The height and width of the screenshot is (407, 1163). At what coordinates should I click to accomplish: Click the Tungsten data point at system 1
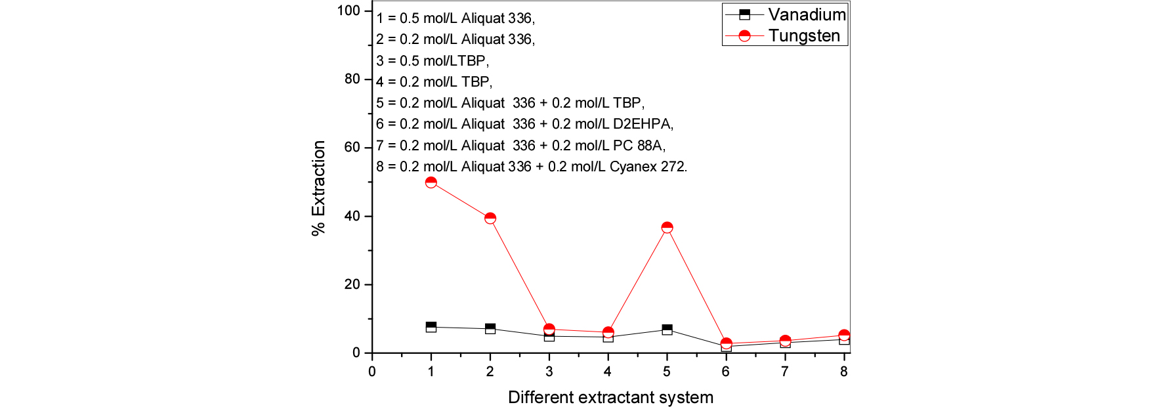click(431, 182)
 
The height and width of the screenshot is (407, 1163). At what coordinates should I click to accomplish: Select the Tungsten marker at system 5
click(667, 228)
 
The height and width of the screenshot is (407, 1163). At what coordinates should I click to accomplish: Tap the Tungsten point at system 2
click(490, 218)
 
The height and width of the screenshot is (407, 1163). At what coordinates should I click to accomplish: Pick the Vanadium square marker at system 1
click(431, 327)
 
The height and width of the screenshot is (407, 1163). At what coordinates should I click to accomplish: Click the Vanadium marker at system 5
click(667, 330)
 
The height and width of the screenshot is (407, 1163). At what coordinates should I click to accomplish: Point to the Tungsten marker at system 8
click(844, 335)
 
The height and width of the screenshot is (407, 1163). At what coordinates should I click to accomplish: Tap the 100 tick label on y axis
click(349, 11)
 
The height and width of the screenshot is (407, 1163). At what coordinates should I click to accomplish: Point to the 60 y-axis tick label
click(352, 147)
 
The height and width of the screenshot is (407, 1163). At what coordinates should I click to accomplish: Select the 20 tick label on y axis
click(352, 284)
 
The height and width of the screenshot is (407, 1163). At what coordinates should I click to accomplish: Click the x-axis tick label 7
click(785, 372)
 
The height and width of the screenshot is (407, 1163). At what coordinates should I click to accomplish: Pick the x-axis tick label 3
click(549, 372)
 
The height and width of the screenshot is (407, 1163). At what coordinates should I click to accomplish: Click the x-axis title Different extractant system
click(610, 397)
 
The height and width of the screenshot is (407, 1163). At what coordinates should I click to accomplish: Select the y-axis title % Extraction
click(318, 188)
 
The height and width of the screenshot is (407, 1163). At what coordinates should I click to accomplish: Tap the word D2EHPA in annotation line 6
click(642, 124)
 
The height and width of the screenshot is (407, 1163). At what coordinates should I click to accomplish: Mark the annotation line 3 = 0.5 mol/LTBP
click(433, 61)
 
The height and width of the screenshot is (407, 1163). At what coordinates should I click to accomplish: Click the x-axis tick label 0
click(372, 372)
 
